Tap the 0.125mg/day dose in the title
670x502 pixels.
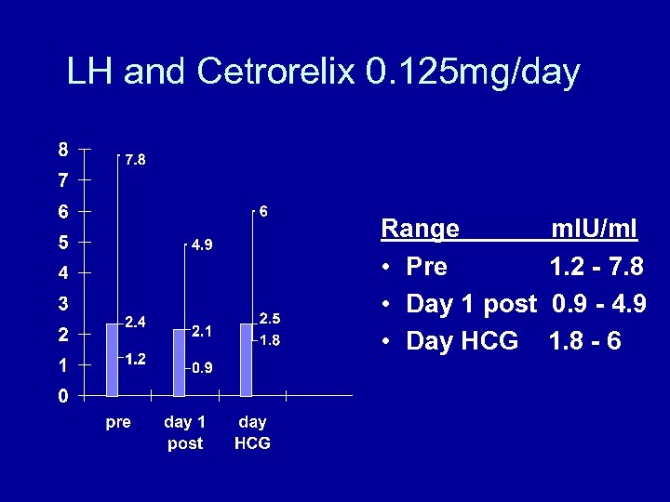[x=474, y=73]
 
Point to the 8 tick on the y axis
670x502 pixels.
[x=61, y=149]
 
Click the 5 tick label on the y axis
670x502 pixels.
[x=61, y=243]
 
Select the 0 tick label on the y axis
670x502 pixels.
[x=61, y=397]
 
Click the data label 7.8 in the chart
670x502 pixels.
[x=135, y=160]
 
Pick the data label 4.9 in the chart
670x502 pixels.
[x=202, y=245]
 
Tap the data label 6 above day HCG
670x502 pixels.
[x=263, y=211]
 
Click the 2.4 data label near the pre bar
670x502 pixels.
[x=135, y=322]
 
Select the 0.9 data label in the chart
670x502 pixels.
[x=202, y=367]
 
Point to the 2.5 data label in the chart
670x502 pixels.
[x=269, y=318]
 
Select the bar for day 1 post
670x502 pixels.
[x=180, y=364]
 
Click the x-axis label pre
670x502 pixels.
[x=118, y=422]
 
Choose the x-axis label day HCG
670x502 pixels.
[x=252, y=432]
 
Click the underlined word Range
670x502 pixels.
[x=421, y=229]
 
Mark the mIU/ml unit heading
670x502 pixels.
[x=594, y=229]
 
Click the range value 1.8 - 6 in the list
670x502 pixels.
[x=584, y=341]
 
